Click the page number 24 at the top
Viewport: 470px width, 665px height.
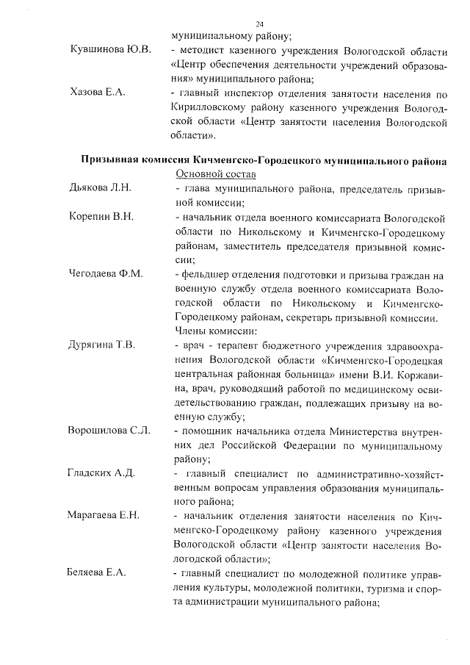(259, 25)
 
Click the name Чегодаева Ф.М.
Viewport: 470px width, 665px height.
(106, 274)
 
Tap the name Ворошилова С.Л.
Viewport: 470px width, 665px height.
(109, 431)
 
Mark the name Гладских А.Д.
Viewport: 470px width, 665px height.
(101, 473)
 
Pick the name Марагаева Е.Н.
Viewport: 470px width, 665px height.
(105, 517)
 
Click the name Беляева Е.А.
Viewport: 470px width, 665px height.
(97, 573)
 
